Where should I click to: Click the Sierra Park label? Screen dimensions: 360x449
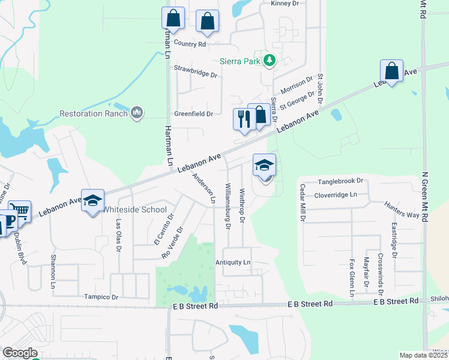click(x=240, y=60)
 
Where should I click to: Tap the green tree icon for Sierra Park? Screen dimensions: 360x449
click(x=270, y=60)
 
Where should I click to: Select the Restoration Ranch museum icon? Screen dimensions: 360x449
click(x=137, y=112)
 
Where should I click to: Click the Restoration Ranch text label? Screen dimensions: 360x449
click(x=93, y=113)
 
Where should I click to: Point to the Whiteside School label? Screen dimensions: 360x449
click(x=134, y=209)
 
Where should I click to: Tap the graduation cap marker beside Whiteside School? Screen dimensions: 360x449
click(x=93, y=202)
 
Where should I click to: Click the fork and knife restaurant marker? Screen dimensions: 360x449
click(x=243, y=118)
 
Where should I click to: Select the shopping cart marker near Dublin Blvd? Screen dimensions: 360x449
click(x=19, y=212)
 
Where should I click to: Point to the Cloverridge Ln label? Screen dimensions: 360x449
click(x=336, y=195)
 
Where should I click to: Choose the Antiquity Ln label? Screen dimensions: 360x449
click(x=233, y=263)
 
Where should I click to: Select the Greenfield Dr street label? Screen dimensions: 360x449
click(x=194, y=113)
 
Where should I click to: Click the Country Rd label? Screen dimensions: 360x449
click(x=190, y=44)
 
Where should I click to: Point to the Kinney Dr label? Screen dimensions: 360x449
click(x=285, y=4)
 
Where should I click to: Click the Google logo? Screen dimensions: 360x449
click(x=20, y=353)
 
